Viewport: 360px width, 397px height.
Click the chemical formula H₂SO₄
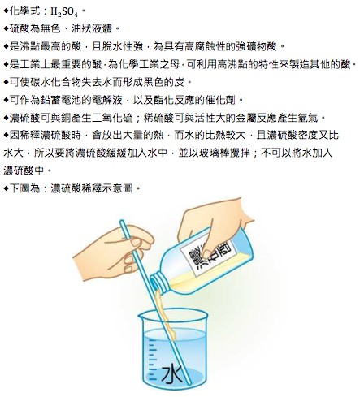(64, 12)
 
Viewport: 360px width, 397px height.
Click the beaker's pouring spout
(142, 315)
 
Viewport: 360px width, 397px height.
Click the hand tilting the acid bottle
(214, 226)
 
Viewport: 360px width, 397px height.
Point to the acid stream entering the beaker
(165, 314)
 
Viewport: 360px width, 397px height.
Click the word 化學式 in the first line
(25, 11)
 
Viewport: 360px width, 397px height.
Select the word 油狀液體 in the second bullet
(92, 28)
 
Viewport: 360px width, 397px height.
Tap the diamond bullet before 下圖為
(7, 188)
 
